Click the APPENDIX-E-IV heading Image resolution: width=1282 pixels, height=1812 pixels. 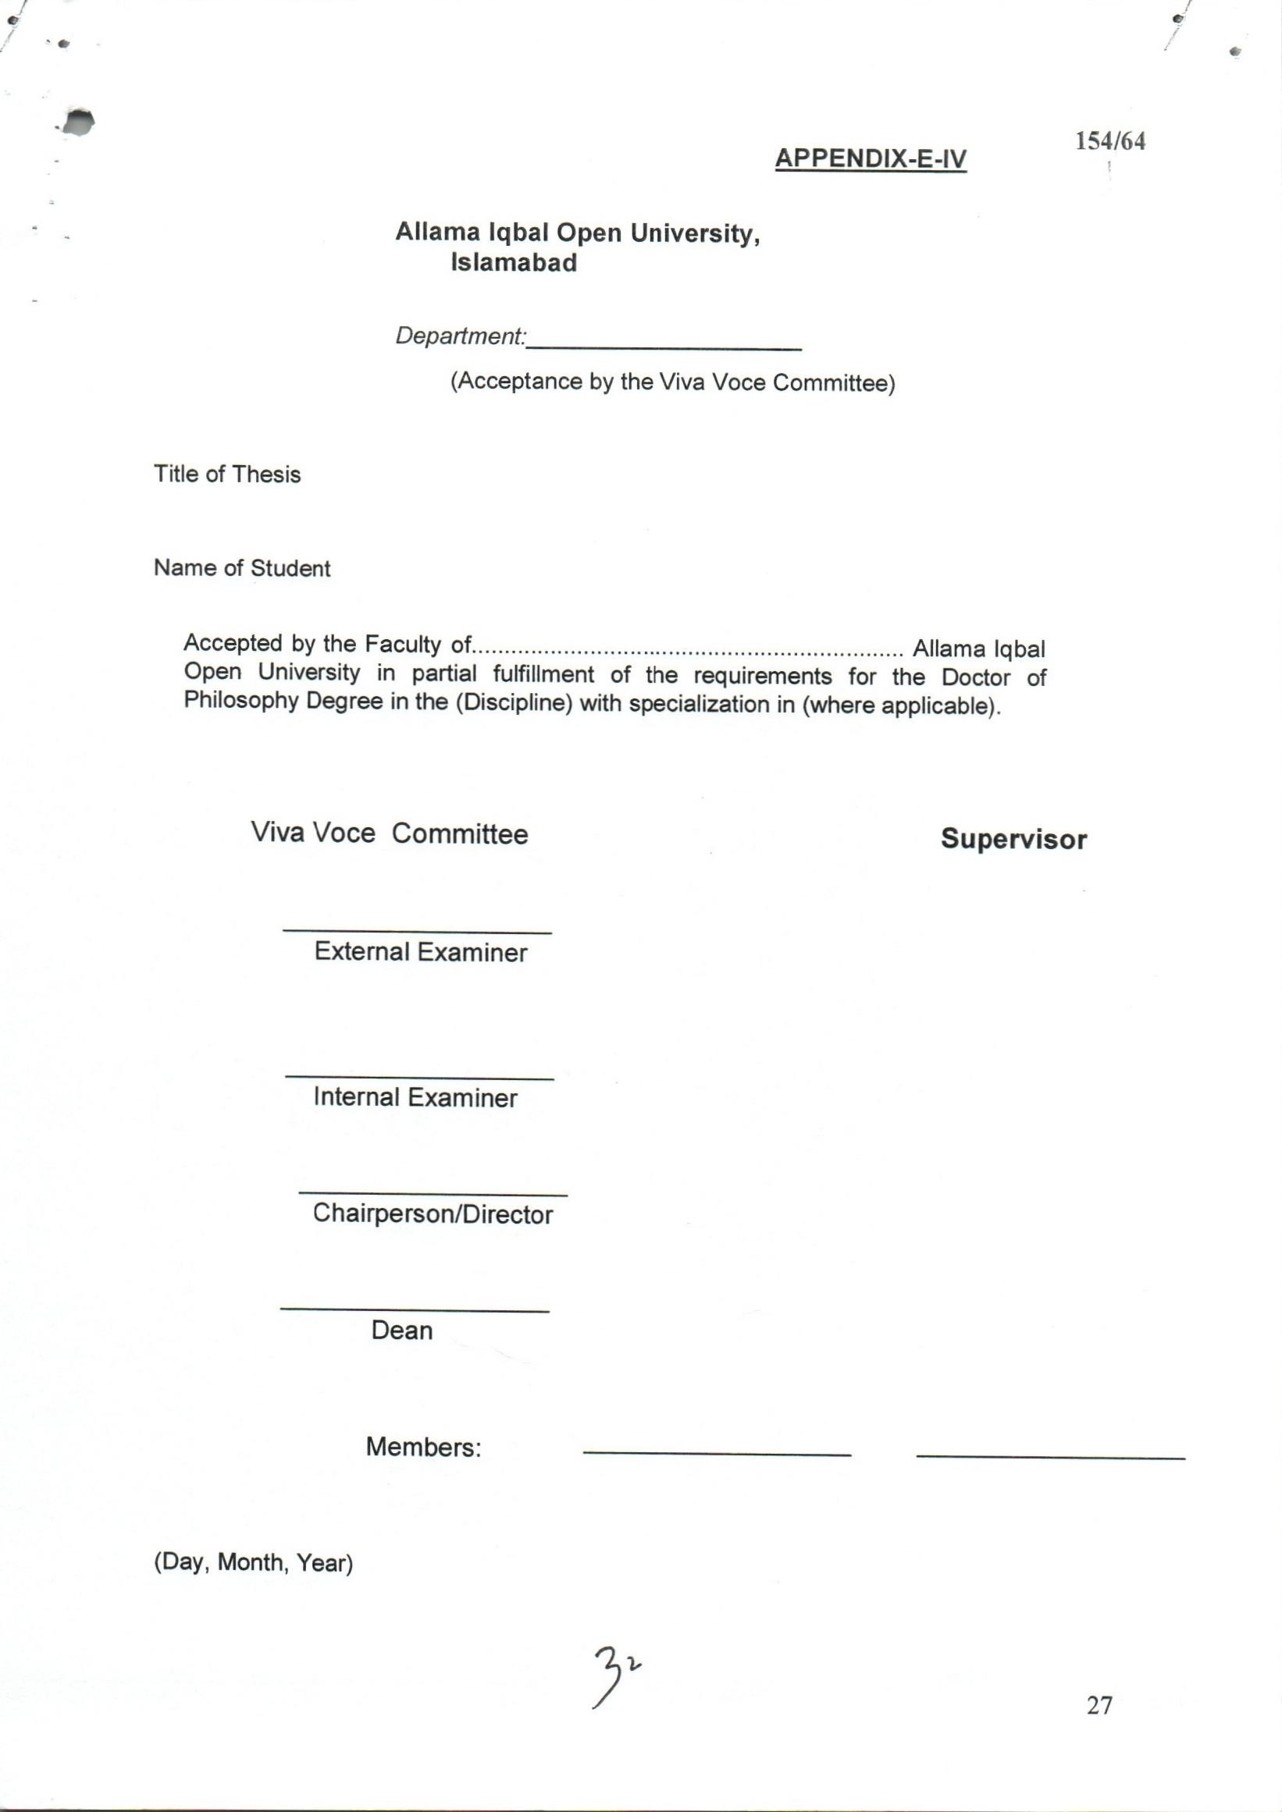tap(870, 158)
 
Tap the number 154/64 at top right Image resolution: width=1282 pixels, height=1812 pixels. tap(1109, 141)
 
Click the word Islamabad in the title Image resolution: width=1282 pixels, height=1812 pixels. tap(513, 263)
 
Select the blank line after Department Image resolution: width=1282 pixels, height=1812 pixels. tap(664, 347)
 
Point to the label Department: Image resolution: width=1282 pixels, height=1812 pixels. tap(460, 336)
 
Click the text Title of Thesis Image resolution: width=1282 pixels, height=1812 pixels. tap(227, 474)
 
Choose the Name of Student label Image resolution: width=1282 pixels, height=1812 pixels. tap(241, 568)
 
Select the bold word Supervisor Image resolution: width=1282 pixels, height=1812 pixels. tap(1013, 839)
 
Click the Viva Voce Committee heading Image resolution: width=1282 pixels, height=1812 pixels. tap(389, 833)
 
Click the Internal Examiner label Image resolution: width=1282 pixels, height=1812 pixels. tap(415, 1097)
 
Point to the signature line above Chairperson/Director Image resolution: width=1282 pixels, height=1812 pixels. tap(433, 1195)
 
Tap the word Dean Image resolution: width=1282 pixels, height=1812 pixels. tap(402, 1331)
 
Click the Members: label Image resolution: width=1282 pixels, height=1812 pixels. tap(423, 1447)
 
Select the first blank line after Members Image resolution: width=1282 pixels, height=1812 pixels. tap(717, 1454)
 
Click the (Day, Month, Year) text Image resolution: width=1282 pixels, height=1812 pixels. tap(253, 1562)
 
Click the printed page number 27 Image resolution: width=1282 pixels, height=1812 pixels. tap(1099, 1706)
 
